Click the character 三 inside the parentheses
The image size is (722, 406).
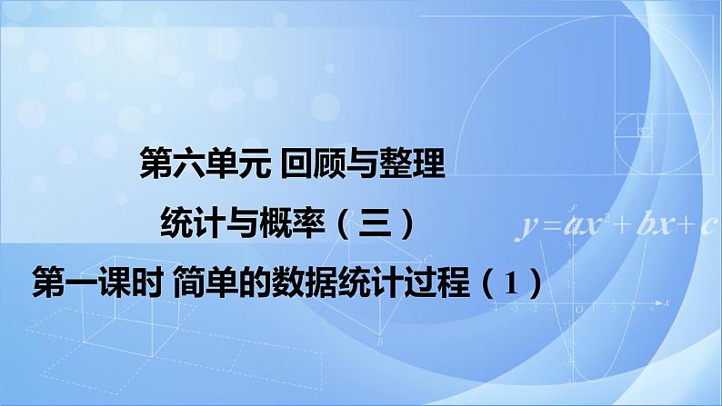[376, 221]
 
